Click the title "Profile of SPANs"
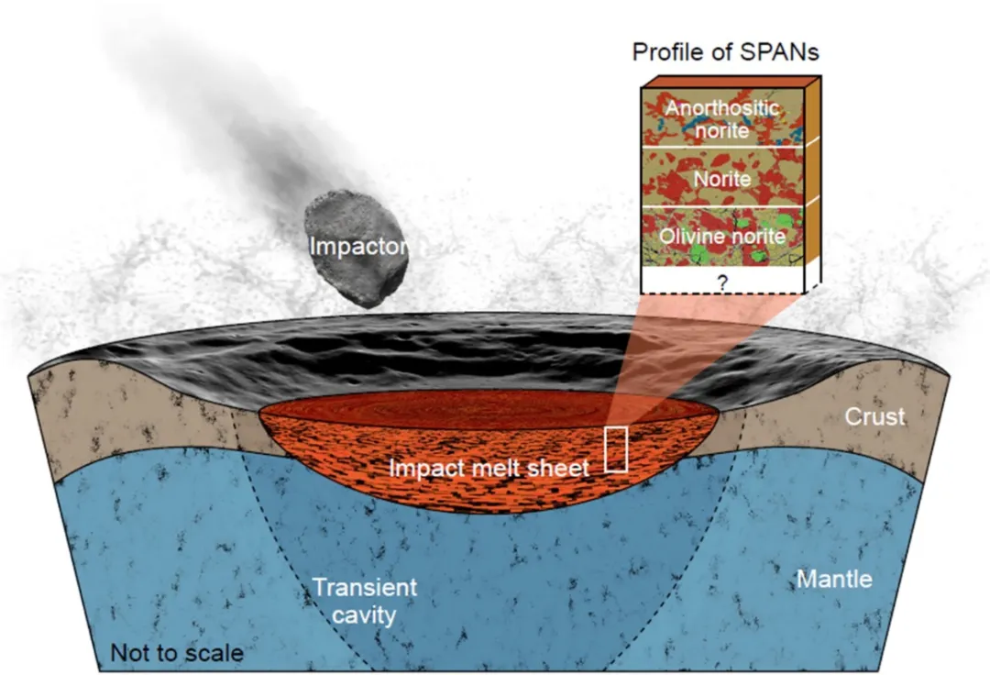[725, 51]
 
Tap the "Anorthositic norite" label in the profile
[722, 118]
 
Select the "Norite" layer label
[722, 180]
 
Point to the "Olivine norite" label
[722, 236]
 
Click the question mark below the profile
[723, 282]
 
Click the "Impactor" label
[358, 247]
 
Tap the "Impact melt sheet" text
[489, 468]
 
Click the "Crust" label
[875, 416]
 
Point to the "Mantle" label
[834, 579]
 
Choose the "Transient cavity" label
[365, 601]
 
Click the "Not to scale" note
[177, 652]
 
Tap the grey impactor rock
[356, 250]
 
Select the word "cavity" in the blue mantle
[364, 614]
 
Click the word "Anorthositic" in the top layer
[722, 108]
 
